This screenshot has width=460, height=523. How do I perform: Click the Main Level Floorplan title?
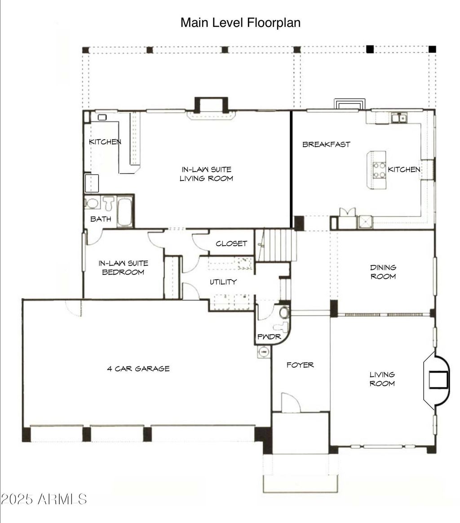pyautogui.click(x=240, y=23)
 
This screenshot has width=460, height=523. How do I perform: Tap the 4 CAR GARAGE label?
pyautogui.click(x=138, y=369)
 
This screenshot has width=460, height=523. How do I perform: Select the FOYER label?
pyautogui.click(x=300, y=365)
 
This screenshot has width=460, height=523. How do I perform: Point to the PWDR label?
pyautogui.click(x=269, y=337)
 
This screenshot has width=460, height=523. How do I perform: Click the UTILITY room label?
pyautogui.click(x=223, y=282)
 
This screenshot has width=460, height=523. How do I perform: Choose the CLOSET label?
pyautogui.click(x=231, y=243)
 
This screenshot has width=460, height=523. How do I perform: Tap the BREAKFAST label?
pyautogui.click(x=326, y=145)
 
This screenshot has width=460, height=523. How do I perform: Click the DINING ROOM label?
pyautogui.click(x=383, y=272)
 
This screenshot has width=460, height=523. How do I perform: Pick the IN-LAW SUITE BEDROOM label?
pyautogui.click(x=123, y=268)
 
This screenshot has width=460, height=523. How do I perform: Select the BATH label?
pyautogui.click(x=101, y=219)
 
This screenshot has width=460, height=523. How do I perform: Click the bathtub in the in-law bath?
pyautogui.click(x=125, y=212)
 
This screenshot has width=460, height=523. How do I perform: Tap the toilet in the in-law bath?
pyautogui.click(x=108, y=203)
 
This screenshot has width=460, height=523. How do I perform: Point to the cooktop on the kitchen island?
pyautogui.click(x=379, y=170)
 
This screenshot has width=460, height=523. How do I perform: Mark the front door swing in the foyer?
pyautogui.click(x=291, y=402)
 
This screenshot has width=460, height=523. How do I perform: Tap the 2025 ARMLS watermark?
pyautogui.click(x=44, y=499)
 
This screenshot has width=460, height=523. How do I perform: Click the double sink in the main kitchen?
pyautogui.click(x=399, y=118)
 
